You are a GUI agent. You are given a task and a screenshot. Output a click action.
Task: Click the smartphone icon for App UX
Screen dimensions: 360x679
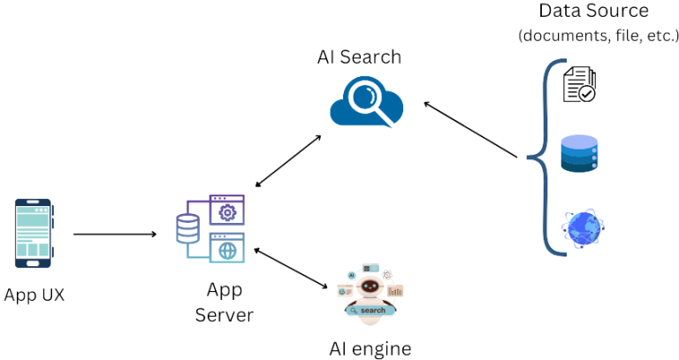33,234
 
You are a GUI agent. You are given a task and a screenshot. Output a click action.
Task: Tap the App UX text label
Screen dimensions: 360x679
34,295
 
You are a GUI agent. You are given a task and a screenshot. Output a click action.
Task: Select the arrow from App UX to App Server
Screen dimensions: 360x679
114,234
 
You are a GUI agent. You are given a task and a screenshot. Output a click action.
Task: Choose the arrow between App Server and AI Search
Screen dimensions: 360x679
287,162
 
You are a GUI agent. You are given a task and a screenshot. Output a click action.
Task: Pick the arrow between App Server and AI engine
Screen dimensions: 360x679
293,270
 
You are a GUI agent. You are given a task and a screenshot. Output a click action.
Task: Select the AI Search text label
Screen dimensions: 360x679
359,57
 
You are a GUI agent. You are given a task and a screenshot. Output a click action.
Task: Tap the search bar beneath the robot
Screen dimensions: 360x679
370,311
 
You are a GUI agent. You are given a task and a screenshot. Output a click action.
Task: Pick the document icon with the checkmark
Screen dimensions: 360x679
580,84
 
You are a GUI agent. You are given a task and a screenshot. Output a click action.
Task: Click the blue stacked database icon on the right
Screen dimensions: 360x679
580,154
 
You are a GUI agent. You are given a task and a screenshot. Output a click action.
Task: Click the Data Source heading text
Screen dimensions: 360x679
594,11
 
